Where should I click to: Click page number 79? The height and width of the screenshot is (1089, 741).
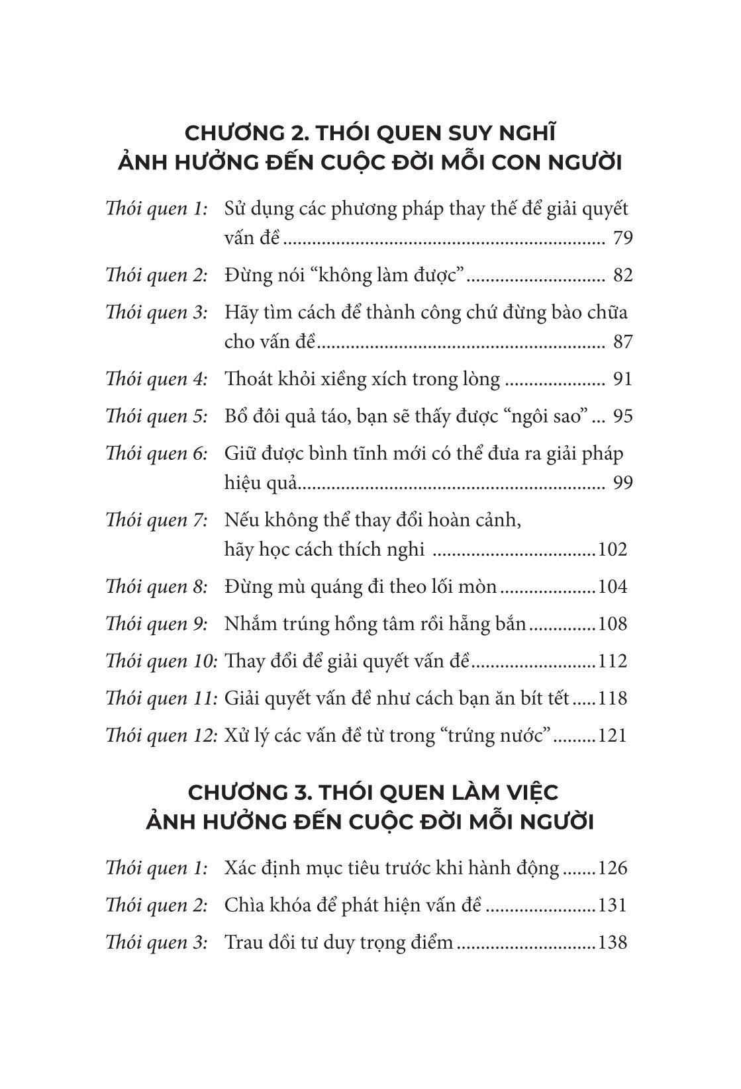coord(623,238)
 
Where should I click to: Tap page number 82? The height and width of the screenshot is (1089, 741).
coord(623,275)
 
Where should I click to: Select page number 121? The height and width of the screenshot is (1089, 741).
coord(612,736)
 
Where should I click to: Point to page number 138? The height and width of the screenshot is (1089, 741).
coord(612,942)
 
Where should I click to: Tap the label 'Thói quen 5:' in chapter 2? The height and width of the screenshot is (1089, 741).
coord(156,416)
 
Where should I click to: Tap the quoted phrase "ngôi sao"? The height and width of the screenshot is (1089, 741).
coord(546,416)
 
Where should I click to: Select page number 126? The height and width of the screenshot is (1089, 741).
coord(612,868)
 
